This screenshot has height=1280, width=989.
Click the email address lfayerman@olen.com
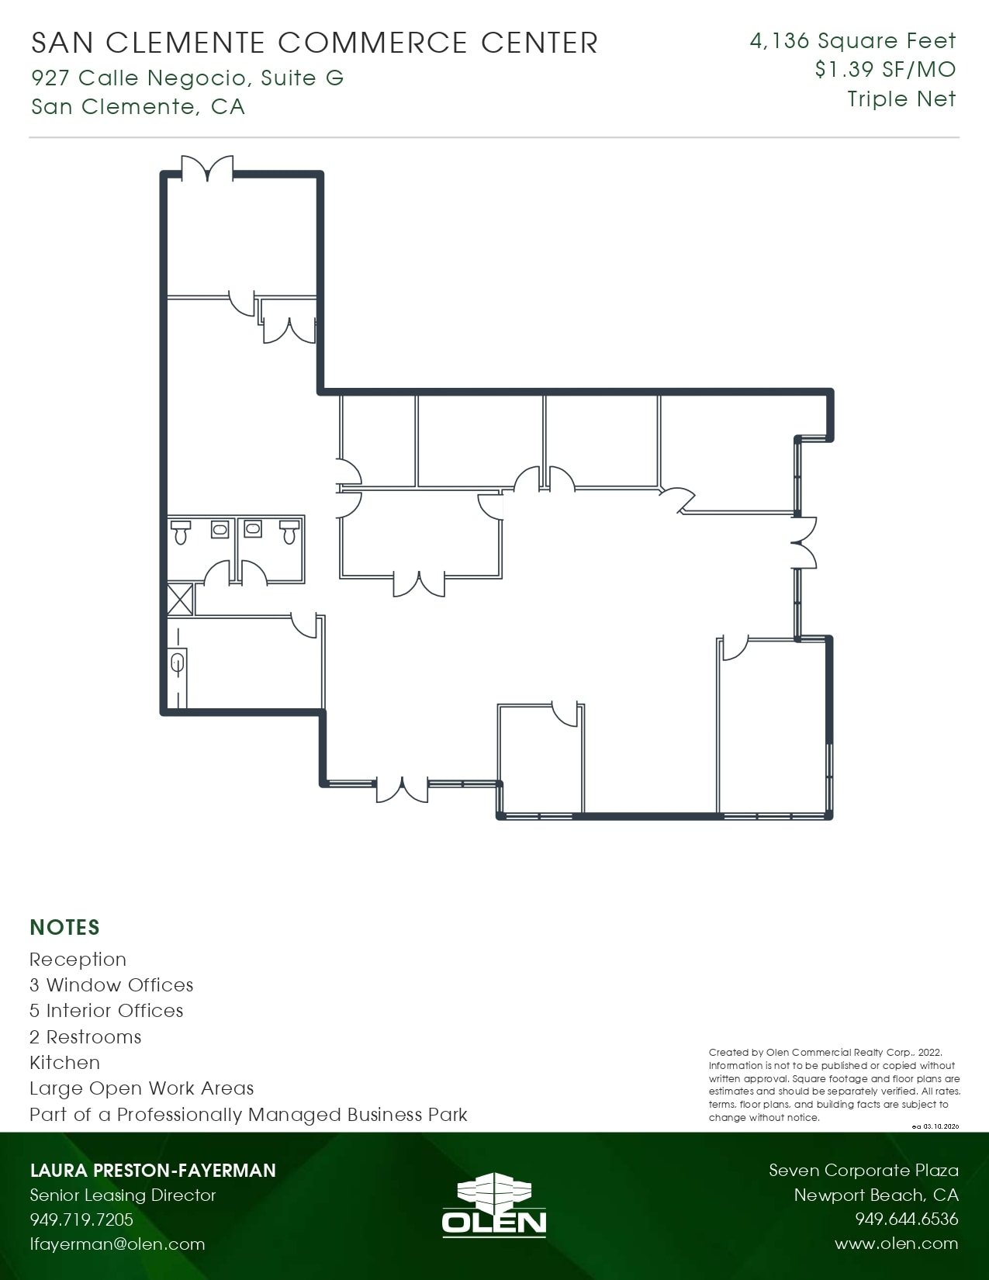(x=117, y=1244)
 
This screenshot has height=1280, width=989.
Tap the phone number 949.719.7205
(x=81, y=1219)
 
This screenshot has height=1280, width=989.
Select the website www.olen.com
(x=896, y=1244)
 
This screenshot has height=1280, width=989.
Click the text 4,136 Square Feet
(x=852, y=41)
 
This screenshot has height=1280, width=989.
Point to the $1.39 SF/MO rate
(x=885, y=70)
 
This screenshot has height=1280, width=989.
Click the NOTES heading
(x=64, y=927)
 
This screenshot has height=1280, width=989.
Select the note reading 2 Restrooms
(x=85, y=1037)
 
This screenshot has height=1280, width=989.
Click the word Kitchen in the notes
(x=64, y=1063)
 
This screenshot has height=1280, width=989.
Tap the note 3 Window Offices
(x=111, y=985)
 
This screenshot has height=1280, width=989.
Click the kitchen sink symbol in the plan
(x=178, y=664)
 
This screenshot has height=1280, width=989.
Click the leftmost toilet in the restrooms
(x=181, y=533)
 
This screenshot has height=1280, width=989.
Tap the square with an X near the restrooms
(x=180, y=600)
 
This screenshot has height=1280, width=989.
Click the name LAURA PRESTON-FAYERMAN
(x=153, y=1170)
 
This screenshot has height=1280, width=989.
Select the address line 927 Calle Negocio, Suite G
(x=187, y=78)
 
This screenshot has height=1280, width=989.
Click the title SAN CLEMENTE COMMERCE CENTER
(x=314, y=43)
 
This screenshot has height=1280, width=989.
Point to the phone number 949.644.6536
(x=906, y=1219)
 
